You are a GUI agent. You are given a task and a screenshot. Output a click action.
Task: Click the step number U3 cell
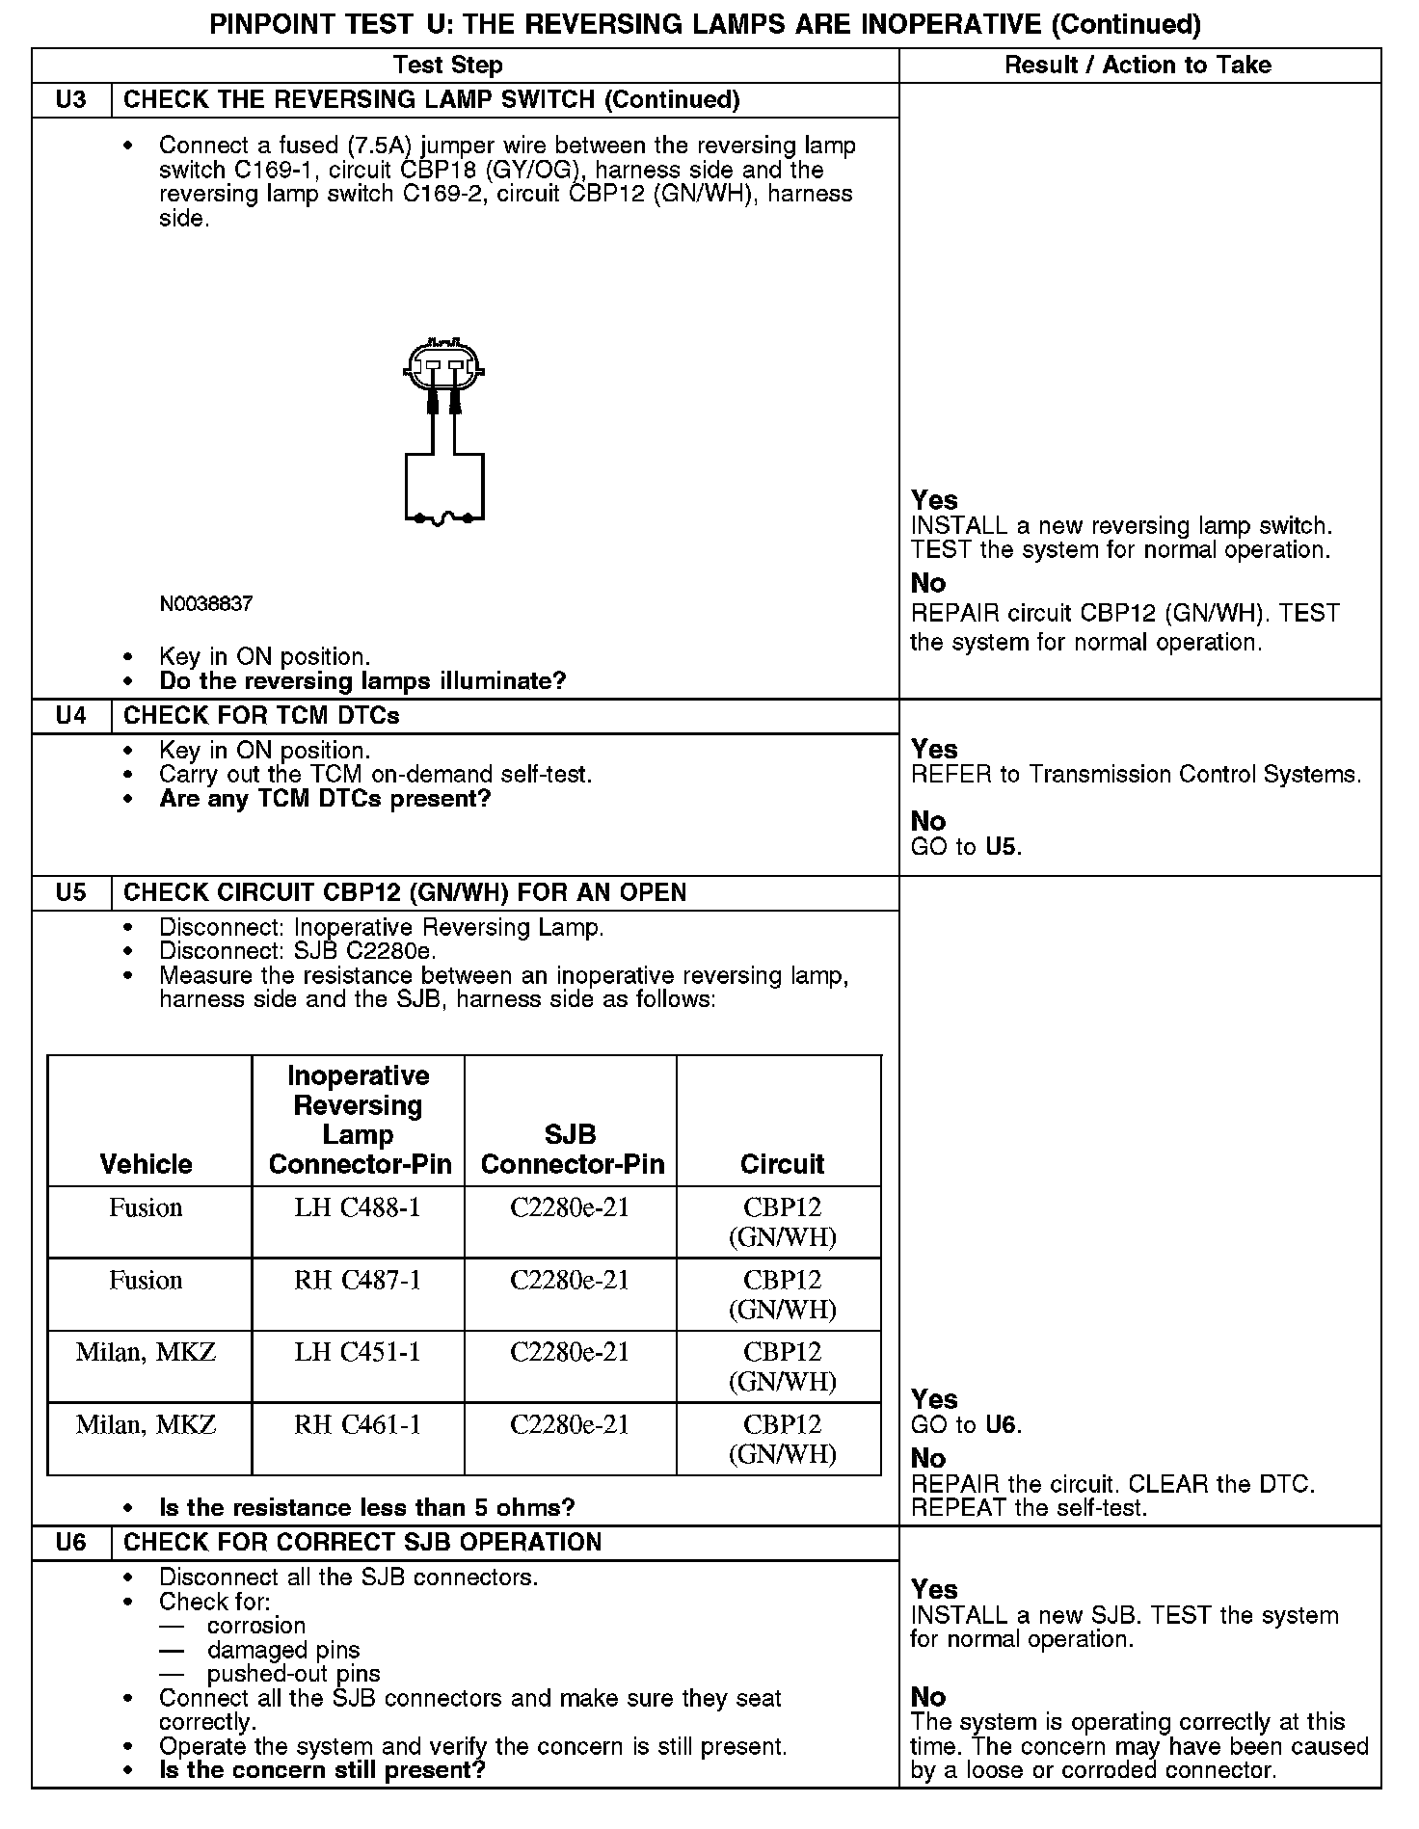click(71, 100)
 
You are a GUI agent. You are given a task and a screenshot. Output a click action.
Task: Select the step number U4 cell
click(71, 716)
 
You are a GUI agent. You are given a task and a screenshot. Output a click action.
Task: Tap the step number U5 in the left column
click(71, 892)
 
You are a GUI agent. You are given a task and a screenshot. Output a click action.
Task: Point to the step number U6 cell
click(71, 1542)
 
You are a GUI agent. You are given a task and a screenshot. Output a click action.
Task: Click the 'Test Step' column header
click(448, 66)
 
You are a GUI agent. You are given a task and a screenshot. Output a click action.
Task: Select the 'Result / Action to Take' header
click(1138, 66)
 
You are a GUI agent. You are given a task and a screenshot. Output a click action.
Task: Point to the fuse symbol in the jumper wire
click(443, 519)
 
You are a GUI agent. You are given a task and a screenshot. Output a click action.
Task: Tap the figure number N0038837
click(206, 604)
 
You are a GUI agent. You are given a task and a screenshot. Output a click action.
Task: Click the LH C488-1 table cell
click(358, 1208)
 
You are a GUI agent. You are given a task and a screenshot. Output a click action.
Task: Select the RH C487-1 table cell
click(358, 1281)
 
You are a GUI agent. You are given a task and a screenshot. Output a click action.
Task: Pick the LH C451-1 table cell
click(358, 1353)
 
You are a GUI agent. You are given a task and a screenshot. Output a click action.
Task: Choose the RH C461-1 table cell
click(358, 1425)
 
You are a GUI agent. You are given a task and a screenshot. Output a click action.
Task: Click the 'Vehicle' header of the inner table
click(147, 1164)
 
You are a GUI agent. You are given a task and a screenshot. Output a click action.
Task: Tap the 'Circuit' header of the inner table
click(782, 1164)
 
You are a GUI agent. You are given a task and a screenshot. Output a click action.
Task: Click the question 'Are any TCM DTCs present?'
click(325, 799)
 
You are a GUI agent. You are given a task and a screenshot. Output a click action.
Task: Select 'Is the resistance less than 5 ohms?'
click(367, 1507)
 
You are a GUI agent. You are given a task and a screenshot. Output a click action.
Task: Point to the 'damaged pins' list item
click(283, 1651)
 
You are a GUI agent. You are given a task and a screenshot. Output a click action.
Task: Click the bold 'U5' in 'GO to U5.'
click(1002, 847)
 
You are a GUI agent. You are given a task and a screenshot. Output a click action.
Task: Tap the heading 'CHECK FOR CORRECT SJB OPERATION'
click(362, 1542)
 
